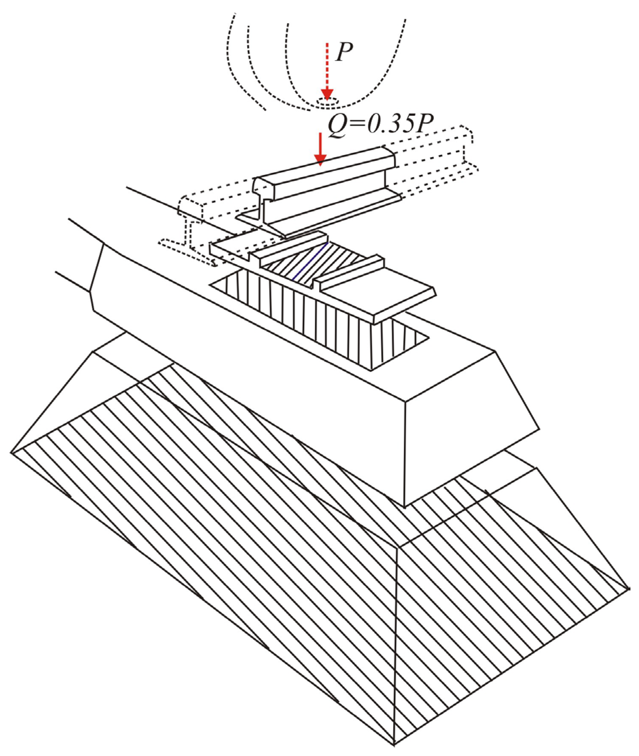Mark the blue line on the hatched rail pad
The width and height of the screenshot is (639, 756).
(311, 261)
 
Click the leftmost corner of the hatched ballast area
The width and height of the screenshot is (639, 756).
(12, 452)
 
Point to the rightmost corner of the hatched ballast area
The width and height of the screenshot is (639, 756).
(630, 589)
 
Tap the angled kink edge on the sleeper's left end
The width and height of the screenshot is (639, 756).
(97, 268)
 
